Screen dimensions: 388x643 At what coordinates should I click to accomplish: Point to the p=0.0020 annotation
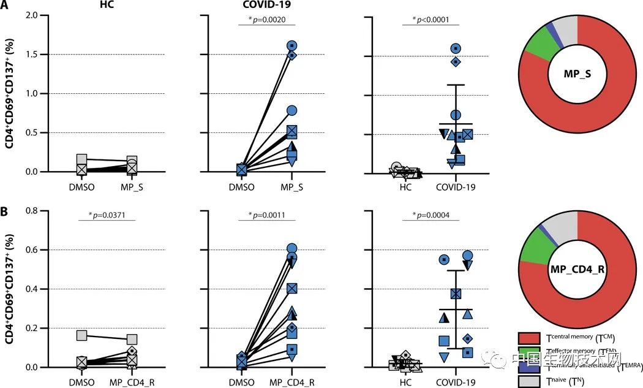click(268, 20)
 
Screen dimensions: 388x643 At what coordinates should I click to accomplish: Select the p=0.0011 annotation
click(268, 216)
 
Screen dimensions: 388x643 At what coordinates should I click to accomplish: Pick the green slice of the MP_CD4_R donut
click(534, 248)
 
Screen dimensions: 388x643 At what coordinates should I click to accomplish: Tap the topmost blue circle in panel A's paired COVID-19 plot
click(292, 45)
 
